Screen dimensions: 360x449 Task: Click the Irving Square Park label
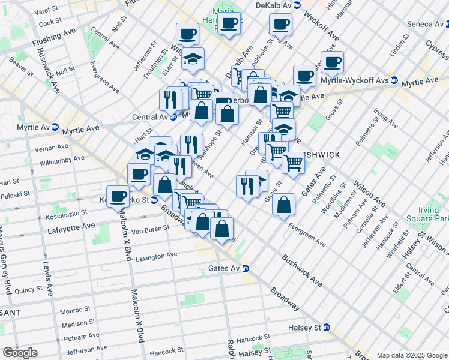433,215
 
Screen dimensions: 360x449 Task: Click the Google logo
20,353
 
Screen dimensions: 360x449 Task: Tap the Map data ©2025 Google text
411,355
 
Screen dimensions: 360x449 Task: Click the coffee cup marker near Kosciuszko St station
118,196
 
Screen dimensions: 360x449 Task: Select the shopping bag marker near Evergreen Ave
283,205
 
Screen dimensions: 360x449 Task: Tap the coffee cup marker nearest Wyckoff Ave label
280,25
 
